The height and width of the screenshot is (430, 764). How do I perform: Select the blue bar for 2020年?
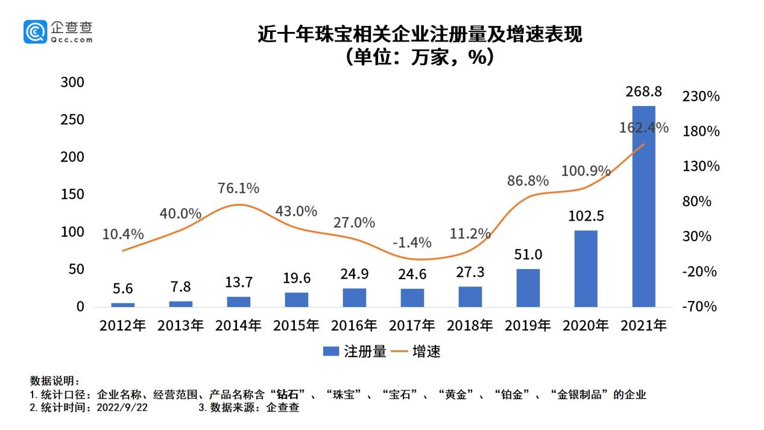586,268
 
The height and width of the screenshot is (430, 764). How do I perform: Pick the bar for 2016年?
354,297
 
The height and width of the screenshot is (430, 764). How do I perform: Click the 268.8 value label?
643,92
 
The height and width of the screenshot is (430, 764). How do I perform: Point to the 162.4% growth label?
643,128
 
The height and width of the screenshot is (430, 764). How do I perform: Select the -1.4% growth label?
412,242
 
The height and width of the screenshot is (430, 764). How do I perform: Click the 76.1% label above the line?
238,188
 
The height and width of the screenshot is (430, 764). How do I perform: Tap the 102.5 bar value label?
586,216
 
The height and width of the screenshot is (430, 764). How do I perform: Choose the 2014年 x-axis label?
238,326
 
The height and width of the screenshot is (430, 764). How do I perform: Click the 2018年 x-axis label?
470,326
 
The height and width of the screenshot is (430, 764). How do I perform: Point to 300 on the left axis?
72,82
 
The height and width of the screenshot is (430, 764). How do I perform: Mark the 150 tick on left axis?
72,194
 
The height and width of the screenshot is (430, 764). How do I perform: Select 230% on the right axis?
700,96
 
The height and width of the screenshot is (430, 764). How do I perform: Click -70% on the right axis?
700,306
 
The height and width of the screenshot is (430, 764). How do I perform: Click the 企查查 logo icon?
35,31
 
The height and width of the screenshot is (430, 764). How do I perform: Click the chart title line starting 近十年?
420,34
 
